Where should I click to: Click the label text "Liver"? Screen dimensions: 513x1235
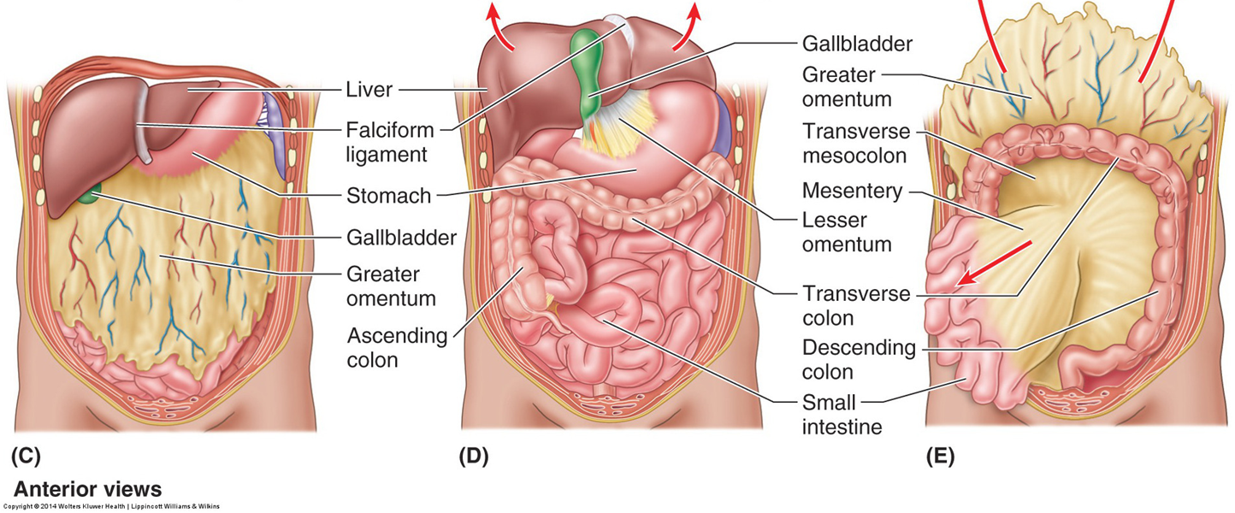click(x=369, y=89)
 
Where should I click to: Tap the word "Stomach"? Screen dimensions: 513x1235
click(x=388, y=197)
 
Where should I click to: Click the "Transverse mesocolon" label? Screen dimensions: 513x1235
click(x=856, y=145)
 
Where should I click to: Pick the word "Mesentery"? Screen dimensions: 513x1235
click(x=852, y=191)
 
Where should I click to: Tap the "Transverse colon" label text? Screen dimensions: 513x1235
click(x=856, y=306)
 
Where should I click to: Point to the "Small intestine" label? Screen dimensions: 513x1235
click(x=842, y=414)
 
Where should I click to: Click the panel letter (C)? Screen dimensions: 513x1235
click(x=26, y=457)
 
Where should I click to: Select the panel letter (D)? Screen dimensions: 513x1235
click(x=473, y=457)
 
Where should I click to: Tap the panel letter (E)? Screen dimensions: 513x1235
click(x=940, y=457)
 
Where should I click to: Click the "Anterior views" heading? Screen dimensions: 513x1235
click(x=87, y=490)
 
